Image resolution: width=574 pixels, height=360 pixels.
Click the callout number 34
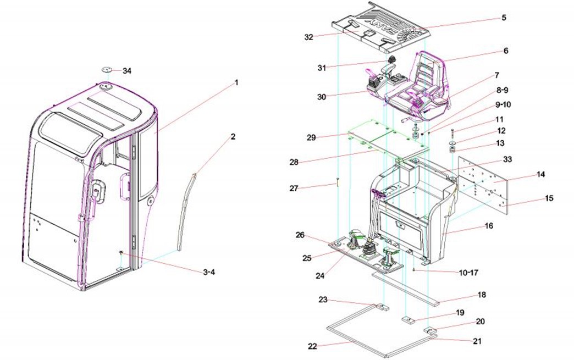(x=127, y=71)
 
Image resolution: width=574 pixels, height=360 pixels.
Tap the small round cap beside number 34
(x=107, y=70)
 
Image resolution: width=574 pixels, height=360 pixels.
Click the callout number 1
(x=236, y=82)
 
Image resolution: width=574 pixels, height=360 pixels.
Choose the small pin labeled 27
(x=336, y=183)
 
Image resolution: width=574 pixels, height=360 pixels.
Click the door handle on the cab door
(x=97, y=190)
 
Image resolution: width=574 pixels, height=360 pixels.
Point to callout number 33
(x=507, y=159)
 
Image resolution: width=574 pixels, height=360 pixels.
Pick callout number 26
(x=300, y=235)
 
